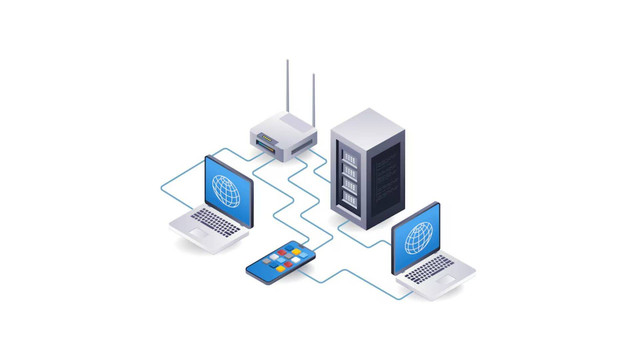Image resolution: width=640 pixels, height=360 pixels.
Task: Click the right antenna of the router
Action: coord(313,100)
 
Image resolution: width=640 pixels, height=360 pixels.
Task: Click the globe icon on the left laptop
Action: coord(227,189)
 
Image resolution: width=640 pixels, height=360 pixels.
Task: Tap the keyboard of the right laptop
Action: coord(432,268)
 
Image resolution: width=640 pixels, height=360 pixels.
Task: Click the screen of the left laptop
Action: coord(229,189)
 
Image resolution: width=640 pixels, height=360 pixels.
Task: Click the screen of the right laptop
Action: coord(414,239)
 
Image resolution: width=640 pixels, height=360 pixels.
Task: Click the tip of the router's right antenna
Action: coord(313,74)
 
